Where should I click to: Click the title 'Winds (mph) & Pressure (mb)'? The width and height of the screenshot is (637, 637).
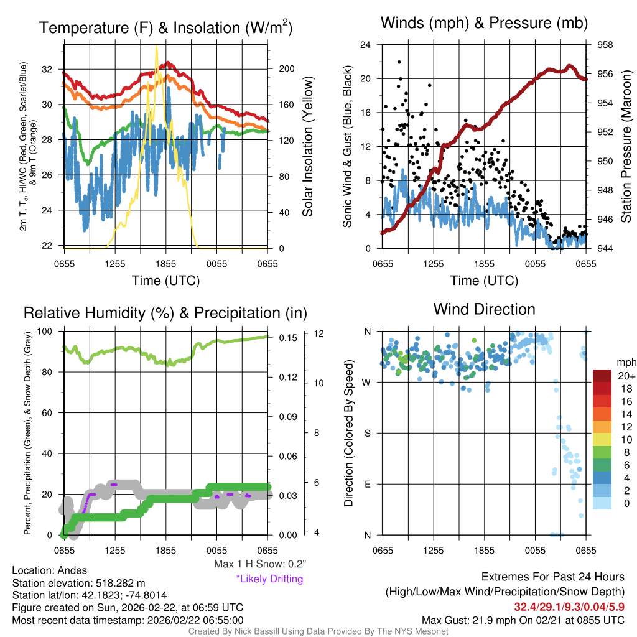[x=484, y=24]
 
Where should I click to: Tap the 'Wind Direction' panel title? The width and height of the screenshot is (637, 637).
[x=484, y=309]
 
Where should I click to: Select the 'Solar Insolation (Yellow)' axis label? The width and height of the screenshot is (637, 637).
[x=307, y=146]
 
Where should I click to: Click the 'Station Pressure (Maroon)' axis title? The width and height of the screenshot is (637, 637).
[x=626, y=146]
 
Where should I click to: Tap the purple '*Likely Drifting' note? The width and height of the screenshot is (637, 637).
[x=269, y=579]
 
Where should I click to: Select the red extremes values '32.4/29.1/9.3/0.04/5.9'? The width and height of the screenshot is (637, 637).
[x=569, y=606]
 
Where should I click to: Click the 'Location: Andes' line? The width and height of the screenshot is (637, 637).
[x=50, y=570]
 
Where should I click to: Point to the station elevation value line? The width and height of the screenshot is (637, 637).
[x=78, y=583]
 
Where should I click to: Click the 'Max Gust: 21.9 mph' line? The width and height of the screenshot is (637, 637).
[x=523, y=620]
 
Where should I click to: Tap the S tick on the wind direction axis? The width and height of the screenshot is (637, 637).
[x=368, y=433]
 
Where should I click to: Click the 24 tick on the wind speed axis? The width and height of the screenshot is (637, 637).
[x=365, y=45]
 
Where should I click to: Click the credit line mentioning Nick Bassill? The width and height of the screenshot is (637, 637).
[x=318, y=631]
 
